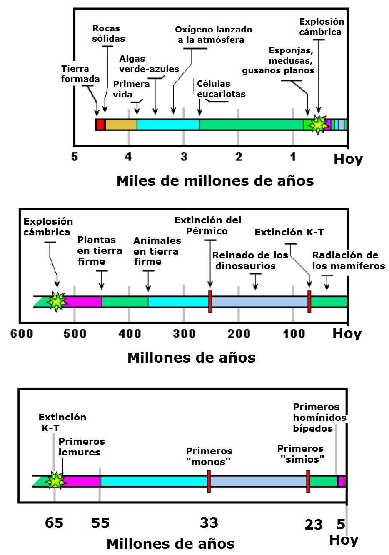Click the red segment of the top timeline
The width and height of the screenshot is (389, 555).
(x=100, y=125)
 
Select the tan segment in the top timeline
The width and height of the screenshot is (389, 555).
(x=121, y=125)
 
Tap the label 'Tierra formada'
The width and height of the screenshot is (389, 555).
(x=80, y=74)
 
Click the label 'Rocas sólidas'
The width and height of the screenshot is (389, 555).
(x=108, y=34)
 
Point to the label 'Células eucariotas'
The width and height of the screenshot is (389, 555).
(x=221, y=89)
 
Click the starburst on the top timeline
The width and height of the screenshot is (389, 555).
(x=319, y=125)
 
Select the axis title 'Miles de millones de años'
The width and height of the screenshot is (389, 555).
(x=215, y=181)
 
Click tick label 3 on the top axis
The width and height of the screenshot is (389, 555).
(x=184, y=157)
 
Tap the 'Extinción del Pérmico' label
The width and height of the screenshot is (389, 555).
(x=207, y=225)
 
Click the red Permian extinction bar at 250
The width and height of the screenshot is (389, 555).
(x=210, y=301)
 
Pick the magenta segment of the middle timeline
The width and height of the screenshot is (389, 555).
(x=83, y=301)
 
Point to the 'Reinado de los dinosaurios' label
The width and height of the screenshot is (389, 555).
(x=249, y=260)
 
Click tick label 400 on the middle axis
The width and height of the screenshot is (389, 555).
(x=130, y=334)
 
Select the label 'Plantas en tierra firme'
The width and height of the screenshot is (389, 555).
(x=100, y=250)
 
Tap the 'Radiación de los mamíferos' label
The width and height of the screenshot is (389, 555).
(x=348, y=260)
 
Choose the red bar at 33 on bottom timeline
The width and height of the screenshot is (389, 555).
(x=209, y=481)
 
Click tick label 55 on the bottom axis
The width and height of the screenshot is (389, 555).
(x=100, y=523)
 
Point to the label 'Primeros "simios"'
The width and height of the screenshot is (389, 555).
(x=301, y=454)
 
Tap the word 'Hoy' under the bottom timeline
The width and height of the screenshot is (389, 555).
(x=344, y=540)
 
